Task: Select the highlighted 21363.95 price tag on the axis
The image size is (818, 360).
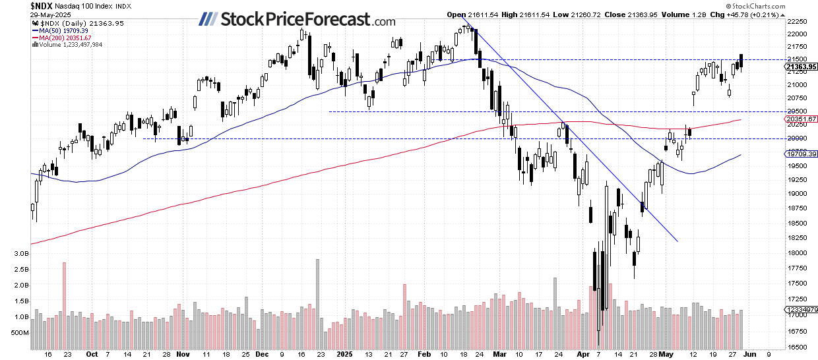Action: tap(801, 66)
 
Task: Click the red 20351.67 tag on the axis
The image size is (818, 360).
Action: tap(801, 119)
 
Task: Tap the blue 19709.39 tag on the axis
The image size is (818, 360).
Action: tap(801, 154)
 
